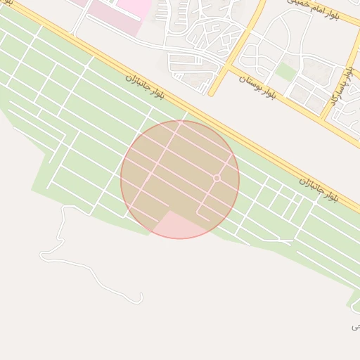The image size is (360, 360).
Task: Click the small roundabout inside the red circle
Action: click(217, 179)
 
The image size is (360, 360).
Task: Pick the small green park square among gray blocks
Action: click(285, 72)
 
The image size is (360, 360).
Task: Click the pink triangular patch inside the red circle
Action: click(176, 225)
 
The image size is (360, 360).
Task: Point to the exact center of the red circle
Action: click(180, 179)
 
